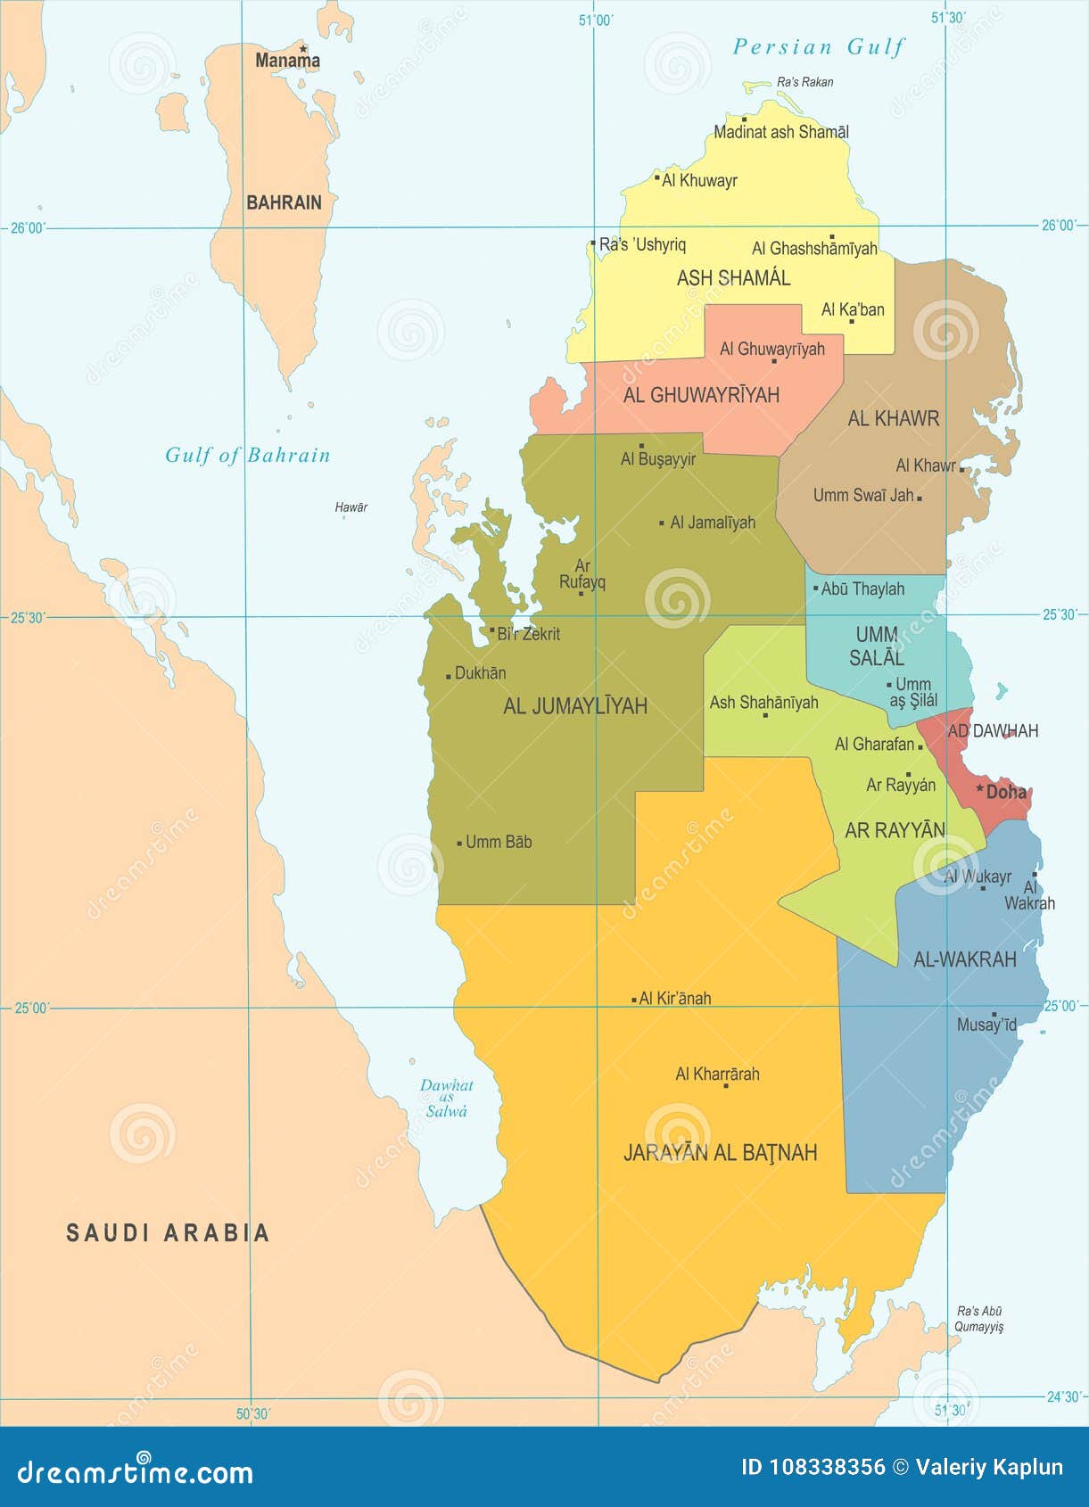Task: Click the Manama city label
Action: [x=287, y=61]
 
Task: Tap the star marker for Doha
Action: [x=979, y=789]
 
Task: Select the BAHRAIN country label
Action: [x=284, y=202]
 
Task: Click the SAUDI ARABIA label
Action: [x=168, y=1232]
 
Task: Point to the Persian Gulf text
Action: [x=818, y=47]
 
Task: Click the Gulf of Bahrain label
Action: [x=247, y=456]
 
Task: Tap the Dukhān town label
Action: [x=480, y=673]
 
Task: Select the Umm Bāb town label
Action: [x=499, y=842]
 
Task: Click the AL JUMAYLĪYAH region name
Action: [x=575, y=706]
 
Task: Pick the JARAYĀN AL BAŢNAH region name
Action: [x=720, y=1153]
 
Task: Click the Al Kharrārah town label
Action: [x=717, y=1074]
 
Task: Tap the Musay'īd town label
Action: [x=986, y=1025]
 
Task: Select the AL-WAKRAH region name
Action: [x=965, y=959]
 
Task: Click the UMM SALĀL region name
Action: [x=877, y=646]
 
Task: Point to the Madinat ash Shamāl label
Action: [x=781, y=132]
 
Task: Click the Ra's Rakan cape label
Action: [x=804, y=82]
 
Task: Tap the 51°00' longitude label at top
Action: [x=596, y=20]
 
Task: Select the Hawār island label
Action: [x=351, y=507]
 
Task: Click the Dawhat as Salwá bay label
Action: [x=446, y=1098]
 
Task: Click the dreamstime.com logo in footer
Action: [x=135, y=1471]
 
